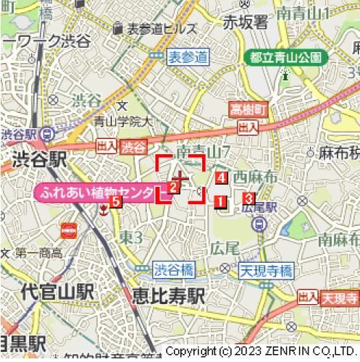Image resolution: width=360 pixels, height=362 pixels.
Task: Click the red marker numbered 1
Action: coord(220,202)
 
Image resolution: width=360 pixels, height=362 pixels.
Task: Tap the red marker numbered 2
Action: coord(173,187)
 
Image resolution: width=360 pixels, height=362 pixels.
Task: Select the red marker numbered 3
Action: coord(248,198)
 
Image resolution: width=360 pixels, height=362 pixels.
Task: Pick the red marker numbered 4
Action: coord(221,177)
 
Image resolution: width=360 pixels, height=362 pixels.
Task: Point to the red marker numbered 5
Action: coord(116,202)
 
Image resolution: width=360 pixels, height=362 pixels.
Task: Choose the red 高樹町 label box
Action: coord(248,110)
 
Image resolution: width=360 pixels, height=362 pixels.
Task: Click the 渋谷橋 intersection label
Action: coord(174,270)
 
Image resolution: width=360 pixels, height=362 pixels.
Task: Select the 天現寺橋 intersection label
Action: coord(265,271)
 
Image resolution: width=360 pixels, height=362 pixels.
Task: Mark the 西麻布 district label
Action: coord(254,176)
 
